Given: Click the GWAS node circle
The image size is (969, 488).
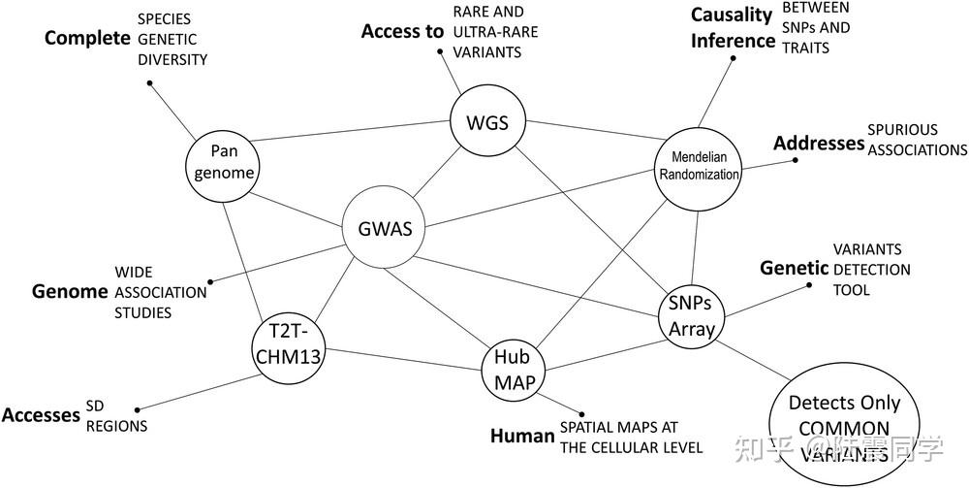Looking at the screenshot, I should (x=385, y=230).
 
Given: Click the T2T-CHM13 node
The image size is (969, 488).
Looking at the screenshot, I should (x=286, y=343).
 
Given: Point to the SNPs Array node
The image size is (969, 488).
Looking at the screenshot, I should (x=692, y=315).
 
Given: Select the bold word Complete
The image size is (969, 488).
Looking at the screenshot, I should (x=87, y=38).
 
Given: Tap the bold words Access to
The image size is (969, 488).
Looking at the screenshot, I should (x=402, y=31).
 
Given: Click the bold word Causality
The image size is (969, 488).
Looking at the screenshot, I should (x=732, y=15).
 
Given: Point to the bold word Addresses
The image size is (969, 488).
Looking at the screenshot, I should (x=818, y=143).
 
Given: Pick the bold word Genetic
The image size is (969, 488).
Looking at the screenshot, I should (x=794, y=268).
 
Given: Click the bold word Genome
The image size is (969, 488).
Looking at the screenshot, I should (x=67, y=291).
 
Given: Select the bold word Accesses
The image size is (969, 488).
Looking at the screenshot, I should (x=41, y=415).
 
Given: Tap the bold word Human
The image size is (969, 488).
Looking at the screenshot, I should (x=521, y=436).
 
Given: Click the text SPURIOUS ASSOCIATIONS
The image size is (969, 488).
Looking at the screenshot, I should (x=917, y=140).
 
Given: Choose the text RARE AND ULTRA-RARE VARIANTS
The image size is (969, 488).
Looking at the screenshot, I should (x=496, y=31).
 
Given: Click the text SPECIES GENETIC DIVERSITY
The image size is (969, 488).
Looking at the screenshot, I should (x=172, y=39).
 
